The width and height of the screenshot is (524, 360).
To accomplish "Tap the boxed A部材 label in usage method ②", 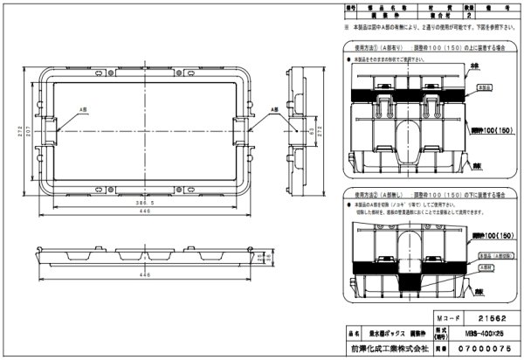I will (x=486, y=260).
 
